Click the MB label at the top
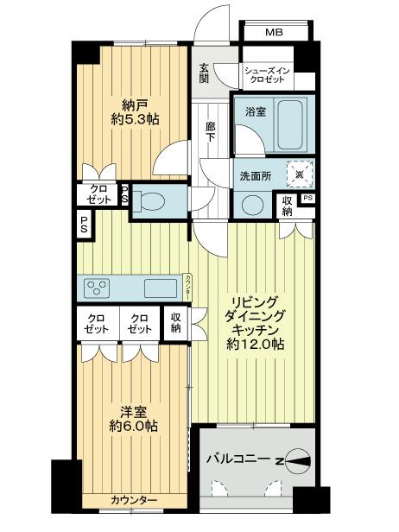[x=273, y=34]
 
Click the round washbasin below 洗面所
[x=254, y=206]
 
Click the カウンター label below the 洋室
[x=134, y=501]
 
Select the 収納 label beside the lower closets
[x=175, y=323]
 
